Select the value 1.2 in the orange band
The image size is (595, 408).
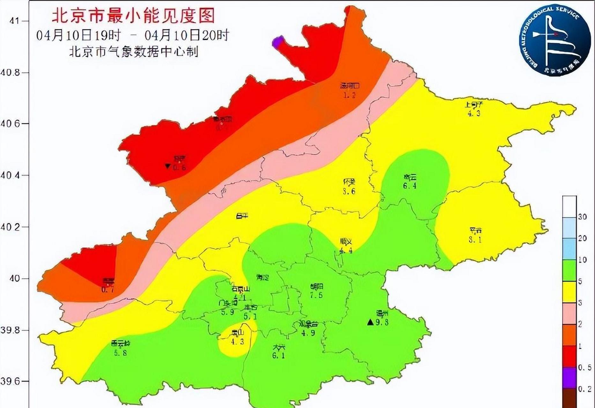[x=349, y=95]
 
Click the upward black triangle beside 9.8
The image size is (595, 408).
[x=370, y=322]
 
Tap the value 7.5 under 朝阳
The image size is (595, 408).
[x=316, y=295]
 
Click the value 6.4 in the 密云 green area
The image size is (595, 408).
[x=410, y=185]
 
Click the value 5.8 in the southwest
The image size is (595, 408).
[x=120, y=353]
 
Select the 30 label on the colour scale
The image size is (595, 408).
[x=582, y=217]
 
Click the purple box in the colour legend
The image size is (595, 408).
[x=569, y=378]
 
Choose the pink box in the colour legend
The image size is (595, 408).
[x=569, y=313]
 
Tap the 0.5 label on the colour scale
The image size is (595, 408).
[x=584, y=368]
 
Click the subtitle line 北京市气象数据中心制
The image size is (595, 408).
[x=133, y=52]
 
